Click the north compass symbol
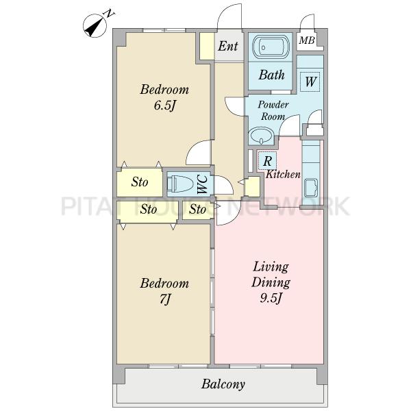(x=95, y=26)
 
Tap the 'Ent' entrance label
(x=228, y=46)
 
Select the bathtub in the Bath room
(x=271, y=47)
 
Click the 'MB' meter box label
(x=307, y=40)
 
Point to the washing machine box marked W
(x=310, y=82)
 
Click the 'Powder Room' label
(x=273, y=110)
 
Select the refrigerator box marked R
(x=267, y=160)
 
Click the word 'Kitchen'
(x=283, y=174)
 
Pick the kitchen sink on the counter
(x=311, y=188)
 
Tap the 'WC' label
(x=203, y=184)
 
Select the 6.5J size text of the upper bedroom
(x=164, y=105)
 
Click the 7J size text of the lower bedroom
(x=165, y=299)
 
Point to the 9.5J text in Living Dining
(x=271, y=298)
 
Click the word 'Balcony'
(x=223, y=384)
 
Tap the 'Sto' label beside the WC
(x=140, y=182)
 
